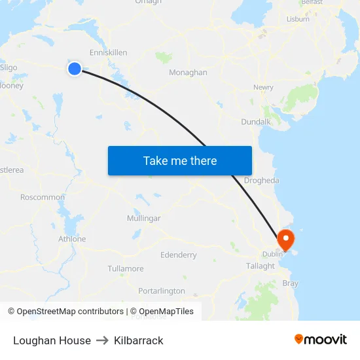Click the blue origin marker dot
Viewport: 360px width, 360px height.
[75, 68]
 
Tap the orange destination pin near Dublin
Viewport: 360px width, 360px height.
[286, 240]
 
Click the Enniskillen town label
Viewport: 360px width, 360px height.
[108, 52]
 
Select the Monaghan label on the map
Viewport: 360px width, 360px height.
[188, 73]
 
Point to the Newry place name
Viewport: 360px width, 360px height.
[263, 87]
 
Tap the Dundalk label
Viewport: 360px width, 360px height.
[255, 122]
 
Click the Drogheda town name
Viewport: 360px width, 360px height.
[261, 181]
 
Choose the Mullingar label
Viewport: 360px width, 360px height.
[143, 218]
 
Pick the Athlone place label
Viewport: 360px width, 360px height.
[72, 239]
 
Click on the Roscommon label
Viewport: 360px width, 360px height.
[43, 197]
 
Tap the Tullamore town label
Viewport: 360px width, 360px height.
[125, 268]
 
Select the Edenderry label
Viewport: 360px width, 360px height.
[179, 254]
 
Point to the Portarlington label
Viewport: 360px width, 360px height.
[162, 291]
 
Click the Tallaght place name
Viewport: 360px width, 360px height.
[261, 266]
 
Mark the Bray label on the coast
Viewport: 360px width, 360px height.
[289, 283]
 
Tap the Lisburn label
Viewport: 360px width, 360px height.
[298, 19]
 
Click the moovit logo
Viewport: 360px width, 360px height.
[321, 339]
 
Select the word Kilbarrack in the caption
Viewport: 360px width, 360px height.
[138, 340]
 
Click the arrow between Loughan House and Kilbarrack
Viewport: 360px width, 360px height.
[102, 340]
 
